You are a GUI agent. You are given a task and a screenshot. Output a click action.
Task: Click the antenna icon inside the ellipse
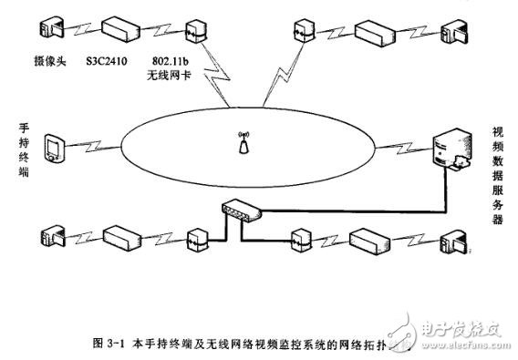point(243,143)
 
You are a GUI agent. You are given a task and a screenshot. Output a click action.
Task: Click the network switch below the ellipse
point(240,213)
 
